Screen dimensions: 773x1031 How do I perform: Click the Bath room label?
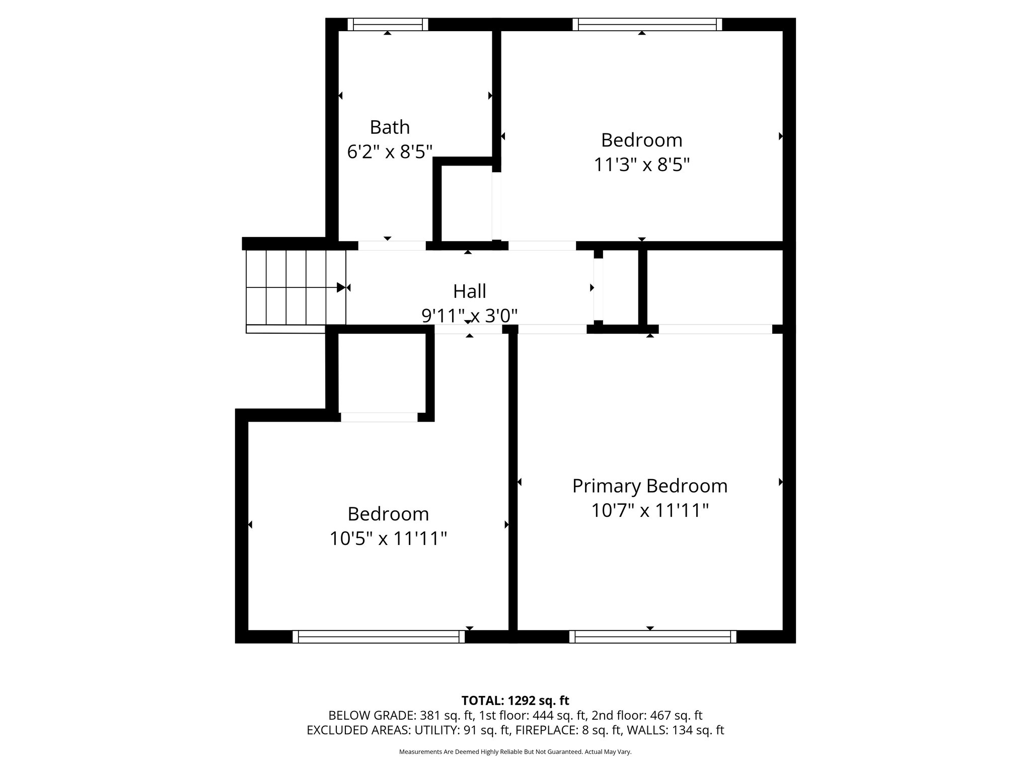pyautogui.click(x=390, y=127)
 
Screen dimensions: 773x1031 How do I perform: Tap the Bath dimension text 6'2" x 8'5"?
pyautogui.click(x=390, y=151)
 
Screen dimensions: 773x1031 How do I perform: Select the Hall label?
pyautogui.click(x=469, y=291)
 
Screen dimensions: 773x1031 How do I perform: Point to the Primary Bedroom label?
pyautogui.click(x=649, y=486)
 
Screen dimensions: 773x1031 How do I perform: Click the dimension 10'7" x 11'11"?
pyautogui.click(x=649, y=511)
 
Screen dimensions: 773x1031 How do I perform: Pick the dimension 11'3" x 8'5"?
pyautogui.click(x=641, y=165)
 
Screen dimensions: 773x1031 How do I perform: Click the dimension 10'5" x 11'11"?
pyautogui.click(x=388, y=539)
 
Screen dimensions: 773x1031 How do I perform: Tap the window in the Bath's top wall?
pyautogui.click(x=388, y=24)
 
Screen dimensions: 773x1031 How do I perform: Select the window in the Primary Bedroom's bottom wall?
pyautogui.click(x=652, y=637)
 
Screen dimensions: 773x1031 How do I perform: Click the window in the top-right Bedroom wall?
pyautogui.click(x=647, y=24)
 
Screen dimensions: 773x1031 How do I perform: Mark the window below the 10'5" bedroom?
pyautogui.click(x=379, y=637)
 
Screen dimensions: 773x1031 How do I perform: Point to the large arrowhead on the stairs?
pyautogui.click(x=341, y=288)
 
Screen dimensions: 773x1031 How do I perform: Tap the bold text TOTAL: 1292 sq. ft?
pyautogui.click(x=515, y=701)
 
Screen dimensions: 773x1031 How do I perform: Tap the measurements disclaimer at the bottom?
pyautogui.click(x=515, y=752)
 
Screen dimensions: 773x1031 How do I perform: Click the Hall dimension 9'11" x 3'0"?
pyautogui.click(x=469, y=316)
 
